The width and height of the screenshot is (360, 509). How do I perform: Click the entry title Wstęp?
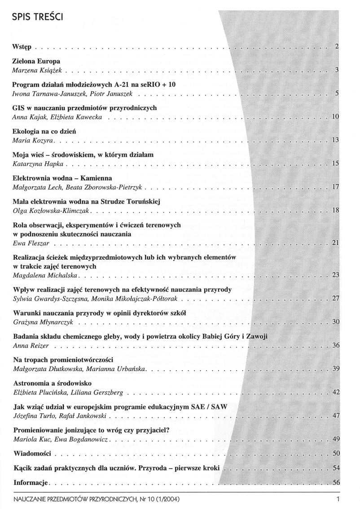click(x=23, y=47)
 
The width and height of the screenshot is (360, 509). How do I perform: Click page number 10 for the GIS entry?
click(x=335, y=117)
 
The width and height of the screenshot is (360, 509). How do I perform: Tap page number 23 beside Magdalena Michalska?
click(x=335, y=275)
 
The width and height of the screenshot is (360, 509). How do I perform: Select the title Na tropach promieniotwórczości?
click(x=62, y=360)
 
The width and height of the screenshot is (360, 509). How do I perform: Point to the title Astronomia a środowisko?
click(x=53, y=383)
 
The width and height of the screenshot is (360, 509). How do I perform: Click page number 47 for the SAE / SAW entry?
click(x=335, y=416)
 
